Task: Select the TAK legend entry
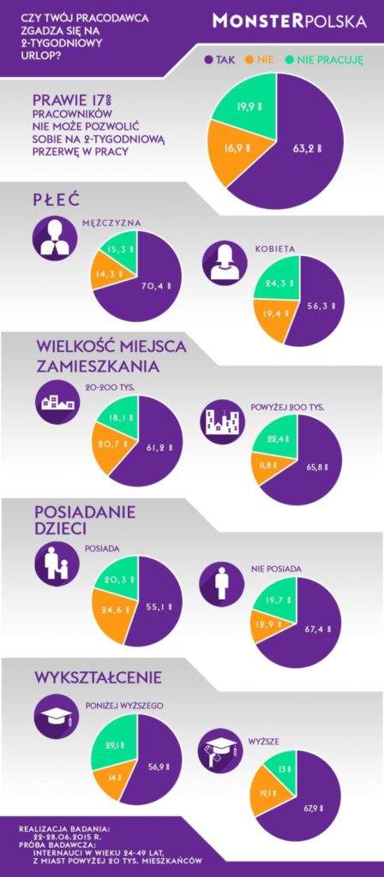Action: coord(220,59)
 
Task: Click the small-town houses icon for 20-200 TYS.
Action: coord(57,401)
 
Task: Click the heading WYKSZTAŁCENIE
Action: coord(98,677)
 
